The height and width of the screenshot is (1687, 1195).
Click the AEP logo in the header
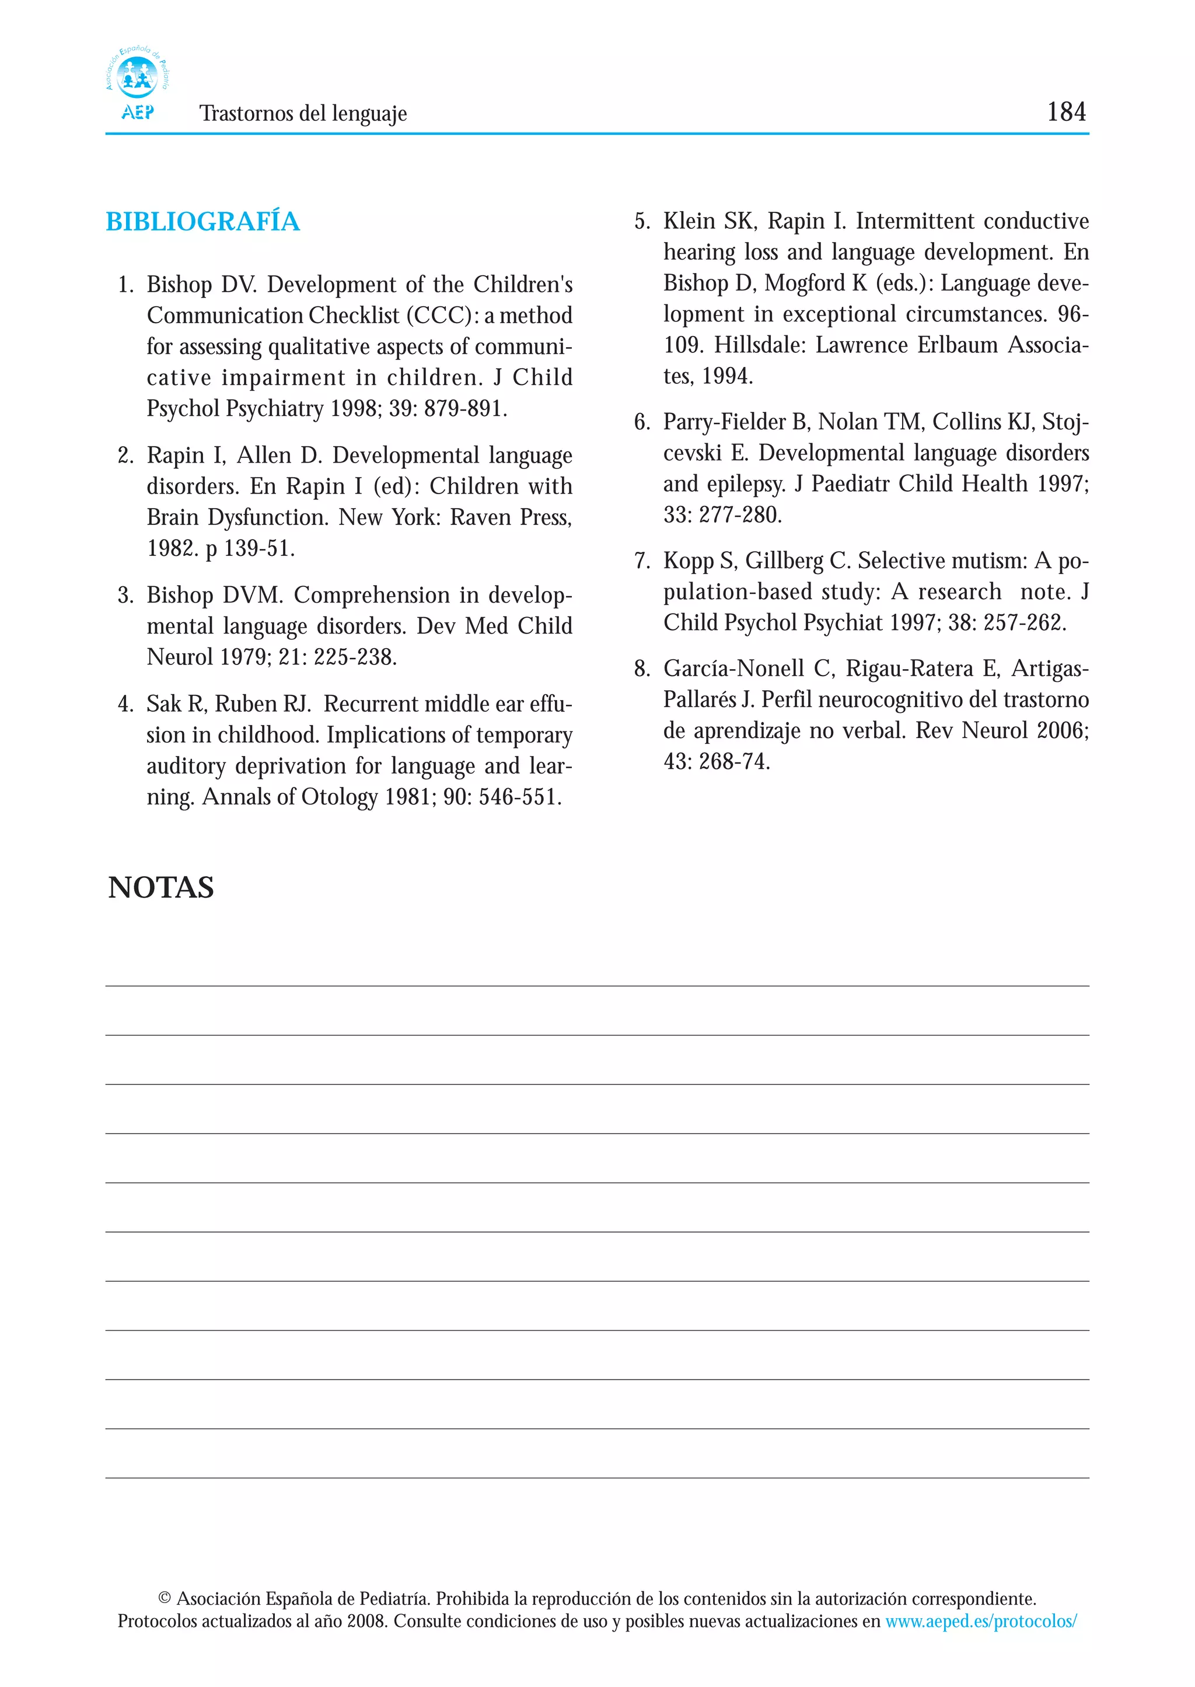[x=138, y=82]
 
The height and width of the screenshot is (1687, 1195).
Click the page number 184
[x=1065, y=112]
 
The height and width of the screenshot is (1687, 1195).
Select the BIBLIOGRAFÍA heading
[x=202, y=222]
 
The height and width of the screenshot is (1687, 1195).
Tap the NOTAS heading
[x=160, y=887]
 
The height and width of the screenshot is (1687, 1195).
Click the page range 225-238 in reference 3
[x=355, y=657]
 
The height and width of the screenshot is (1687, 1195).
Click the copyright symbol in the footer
[x=165, y=1599]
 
